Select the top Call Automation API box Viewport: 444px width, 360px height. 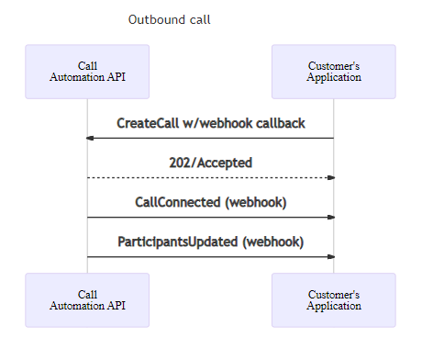[x=87, y=72]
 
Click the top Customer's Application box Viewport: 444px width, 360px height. [x=333, y=72]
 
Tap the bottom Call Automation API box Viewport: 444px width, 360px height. [x=87, y=300]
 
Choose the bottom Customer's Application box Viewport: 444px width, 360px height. [x=333, y=300]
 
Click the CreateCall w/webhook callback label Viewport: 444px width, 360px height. [x=210, y=124]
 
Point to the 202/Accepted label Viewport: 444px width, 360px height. [x=210, y=163]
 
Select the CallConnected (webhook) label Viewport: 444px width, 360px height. [x=210, y=203]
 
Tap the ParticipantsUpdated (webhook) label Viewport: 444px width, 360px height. [x=210, y=242]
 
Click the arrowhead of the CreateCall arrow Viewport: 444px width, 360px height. [x=90, y=138]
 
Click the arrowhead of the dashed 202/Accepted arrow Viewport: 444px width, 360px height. [x=330, y=177]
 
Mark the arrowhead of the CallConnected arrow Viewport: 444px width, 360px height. [x=330, y=218]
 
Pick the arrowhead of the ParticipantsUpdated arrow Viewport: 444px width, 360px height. [x=330, y=257]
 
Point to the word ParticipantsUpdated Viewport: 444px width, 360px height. [x=178, y=242]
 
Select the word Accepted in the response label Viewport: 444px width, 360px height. [x=224, y=163]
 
